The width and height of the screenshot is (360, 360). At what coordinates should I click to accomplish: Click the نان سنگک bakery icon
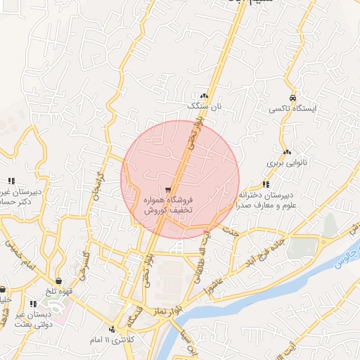[205, 96]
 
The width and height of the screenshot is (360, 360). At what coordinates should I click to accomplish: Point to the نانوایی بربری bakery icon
[286, 152]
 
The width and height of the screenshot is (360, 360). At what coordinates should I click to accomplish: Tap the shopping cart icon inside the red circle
[168, 190]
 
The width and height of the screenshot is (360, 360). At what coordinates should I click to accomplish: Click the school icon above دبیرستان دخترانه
[265, 184]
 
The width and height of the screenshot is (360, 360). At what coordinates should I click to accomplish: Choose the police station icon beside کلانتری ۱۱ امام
[112, 329]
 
